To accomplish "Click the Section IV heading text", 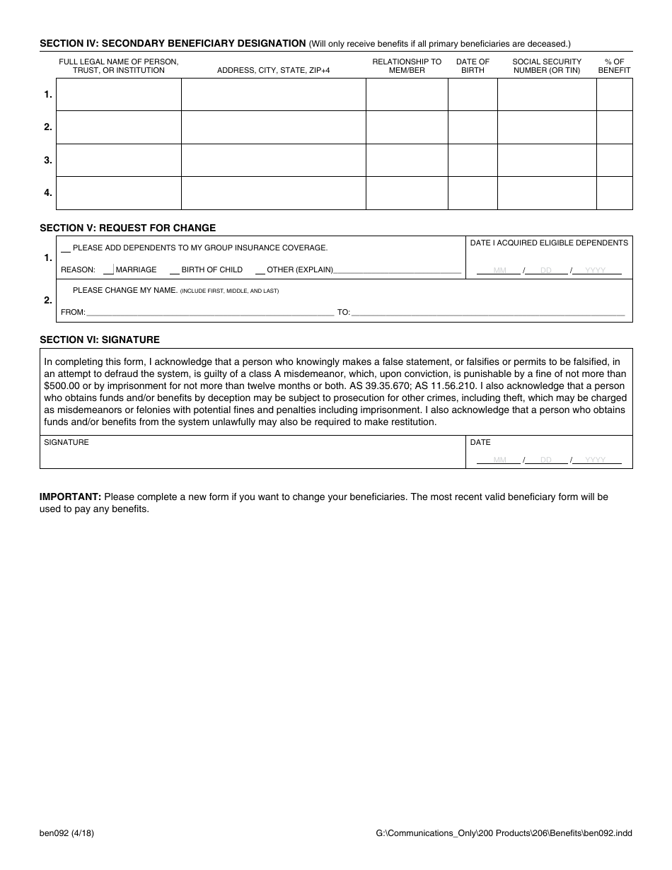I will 173,43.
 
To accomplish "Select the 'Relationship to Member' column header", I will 407,66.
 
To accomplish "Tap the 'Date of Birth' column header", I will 473,66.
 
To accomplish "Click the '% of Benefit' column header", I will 614,66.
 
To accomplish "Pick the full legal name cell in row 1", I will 118,94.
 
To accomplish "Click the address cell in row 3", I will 273,160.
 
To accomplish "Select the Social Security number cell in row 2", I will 547,127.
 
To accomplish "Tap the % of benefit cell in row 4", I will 614,192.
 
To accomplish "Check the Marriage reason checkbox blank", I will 108,269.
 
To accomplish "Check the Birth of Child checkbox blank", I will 174,269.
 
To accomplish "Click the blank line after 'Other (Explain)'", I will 397,269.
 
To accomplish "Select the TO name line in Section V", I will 488,311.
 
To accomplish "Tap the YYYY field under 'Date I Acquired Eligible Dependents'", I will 596,270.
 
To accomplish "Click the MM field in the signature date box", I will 499,460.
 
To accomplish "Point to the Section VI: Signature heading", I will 100,340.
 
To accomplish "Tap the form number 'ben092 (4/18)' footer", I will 66,833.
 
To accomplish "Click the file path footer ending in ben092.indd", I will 504,833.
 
